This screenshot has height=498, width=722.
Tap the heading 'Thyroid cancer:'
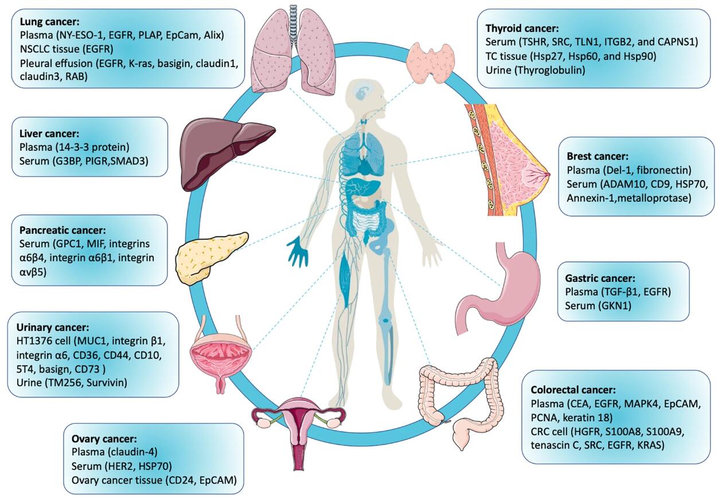pos(522,28)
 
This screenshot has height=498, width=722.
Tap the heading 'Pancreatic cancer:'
pos(63,230)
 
